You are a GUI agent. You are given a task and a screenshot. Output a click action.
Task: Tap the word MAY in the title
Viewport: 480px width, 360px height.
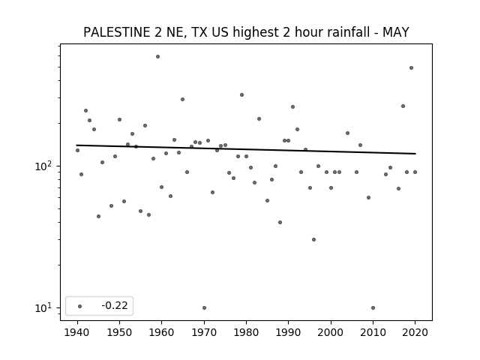coord(396,32)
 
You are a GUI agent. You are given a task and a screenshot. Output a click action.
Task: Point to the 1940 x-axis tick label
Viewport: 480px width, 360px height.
coord(77,332)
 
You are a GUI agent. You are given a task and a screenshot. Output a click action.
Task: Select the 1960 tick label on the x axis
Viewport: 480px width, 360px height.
coord(162,332)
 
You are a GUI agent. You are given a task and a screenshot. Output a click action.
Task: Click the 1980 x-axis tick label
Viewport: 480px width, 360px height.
coord(246,332)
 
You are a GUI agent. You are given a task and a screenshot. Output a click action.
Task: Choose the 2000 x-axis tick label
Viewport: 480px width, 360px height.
coord(331,332)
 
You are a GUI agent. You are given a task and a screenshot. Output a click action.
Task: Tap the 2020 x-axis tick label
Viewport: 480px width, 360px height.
coord(415,332)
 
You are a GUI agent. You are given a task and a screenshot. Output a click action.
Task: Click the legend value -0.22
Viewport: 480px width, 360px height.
coord(115,305)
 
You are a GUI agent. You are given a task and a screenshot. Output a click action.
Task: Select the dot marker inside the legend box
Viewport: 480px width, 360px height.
coord(79,306)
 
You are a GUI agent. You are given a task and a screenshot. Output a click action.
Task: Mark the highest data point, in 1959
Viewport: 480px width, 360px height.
coord(157,57)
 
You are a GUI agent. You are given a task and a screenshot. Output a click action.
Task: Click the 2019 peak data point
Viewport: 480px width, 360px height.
coord(411,68)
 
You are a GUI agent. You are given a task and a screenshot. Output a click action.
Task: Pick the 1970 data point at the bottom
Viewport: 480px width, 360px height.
coord(204,308)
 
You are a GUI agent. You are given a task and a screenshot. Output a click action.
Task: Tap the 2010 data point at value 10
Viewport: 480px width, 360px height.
coord(373,308)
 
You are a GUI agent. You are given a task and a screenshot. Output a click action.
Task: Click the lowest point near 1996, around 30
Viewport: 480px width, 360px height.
coord(313,240)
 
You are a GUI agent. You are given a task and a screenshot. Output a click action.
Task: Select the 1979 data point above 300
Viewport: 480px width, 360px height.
coord(241,95)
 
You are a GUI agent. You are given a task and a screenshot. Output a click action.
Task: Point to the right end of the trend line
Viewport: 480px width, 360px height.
coord(415,154)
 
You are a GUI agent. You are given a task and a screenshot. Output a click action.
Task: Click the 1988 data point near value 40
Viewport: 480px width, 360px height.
coord(280,223)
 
